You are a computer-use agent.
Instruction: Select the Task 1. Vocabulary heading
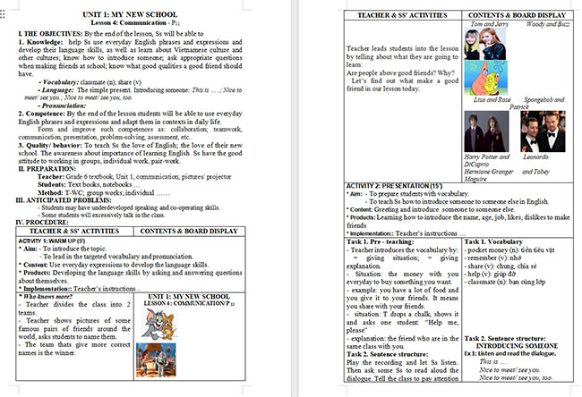click(x=501, y=242)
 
